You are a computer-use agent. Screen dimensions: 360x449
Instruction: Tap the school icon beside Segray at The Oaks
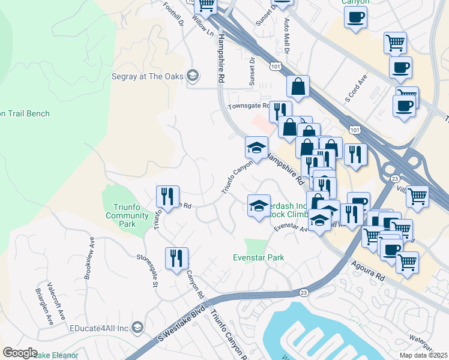(192, 76)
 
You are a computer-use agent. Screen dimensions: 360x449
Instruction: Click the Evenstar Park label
(258, 257)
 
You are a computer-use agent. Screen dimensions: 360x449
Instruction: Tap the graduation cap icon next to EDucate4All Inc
(137, 328)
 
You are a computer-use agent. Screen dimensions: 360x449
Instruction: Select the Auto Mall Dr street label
(286, 36)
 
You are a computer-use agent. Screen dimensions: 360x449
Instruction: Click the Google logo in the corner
(20, 352)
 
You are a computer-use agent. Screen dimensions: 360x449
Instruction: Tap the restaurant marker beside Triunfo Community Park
(167, 196)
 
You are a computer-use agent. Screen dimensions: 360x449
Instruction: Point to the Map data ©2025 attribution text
(424, 355)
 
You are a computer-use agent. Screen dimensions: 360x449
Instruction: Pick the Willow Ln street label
(202, 26)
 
